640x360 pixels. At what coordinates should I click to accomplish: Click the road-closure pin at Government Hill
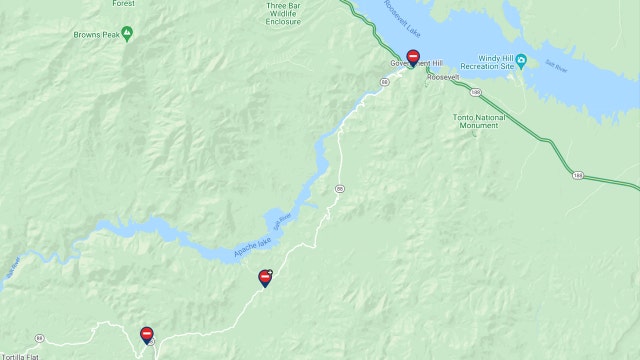[413, 58]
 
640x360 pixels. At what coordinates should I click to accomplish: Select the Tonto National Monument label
[479, 122]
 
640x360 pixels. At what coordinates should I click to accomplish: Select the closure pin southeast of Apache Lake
[265, 277]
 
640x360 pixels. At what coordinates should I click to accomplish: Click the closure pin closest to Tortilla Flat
[147, 334]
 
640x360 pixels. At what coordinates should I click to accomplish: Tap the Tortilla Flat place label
[20, 356]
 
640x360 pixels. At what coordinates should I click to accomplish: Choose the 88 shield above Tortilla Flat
[39, 337]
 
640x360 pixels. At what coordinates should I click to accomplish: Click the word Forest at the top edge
[123, 4]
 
